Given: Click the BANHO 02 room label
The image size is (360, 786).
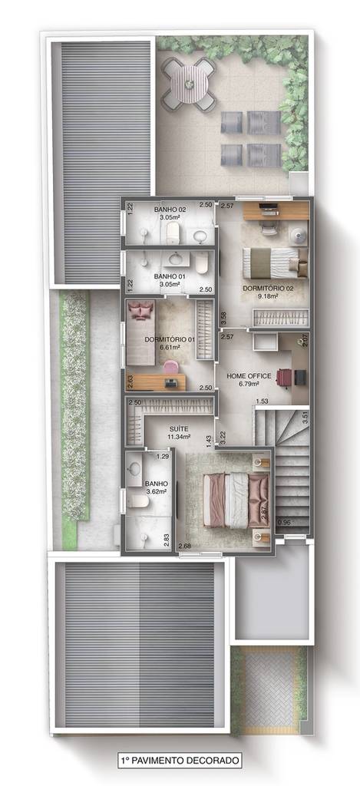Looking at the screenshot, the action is [x=170, y=210].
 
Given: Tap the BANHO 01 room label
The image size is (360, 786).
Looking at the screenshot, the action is [x=169, y=276].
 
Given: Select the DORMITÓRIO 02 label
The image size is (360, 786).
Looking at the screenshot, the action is [x=268, y=289].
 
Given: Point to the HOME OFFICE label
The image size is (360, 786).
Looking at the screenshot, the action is [x=249, y=376].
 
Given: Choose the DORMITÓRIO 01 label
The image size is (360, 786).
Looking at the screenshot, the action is [x=169, y=339].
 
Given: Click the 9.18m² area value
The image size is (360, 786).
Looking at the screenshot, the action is [x=268, y=296].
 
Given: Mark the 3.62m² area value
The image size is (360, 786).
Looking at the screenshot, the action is [x=156, y=491].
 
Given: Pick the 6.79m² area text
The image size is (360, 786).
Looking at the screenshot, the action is [x=248, y=384].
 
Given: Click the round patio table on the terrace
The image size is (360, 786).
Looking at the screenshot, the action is [x=189, y=84].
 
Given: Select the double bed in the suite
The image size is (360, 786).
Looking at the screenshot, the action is [x=236, y=500].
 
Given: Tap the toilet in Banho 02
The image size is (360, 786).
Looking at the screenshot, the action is [x=173, y=233].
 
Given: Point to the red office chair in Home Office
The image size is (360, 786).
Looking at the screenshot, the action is [x=284, y=377].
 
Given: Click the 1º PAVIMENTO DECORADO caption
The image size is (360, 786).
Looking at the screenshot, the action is [x=180, y=760].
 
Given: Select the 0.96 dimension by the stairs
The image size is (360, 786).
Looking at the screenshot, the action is [x=284, y=521].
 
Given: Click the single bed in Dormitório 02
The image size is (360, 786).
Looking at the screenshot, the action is [x=275, y=263].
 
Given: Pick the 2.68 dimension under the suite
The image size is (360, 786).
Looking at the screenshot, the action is [x=184, y=546].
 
